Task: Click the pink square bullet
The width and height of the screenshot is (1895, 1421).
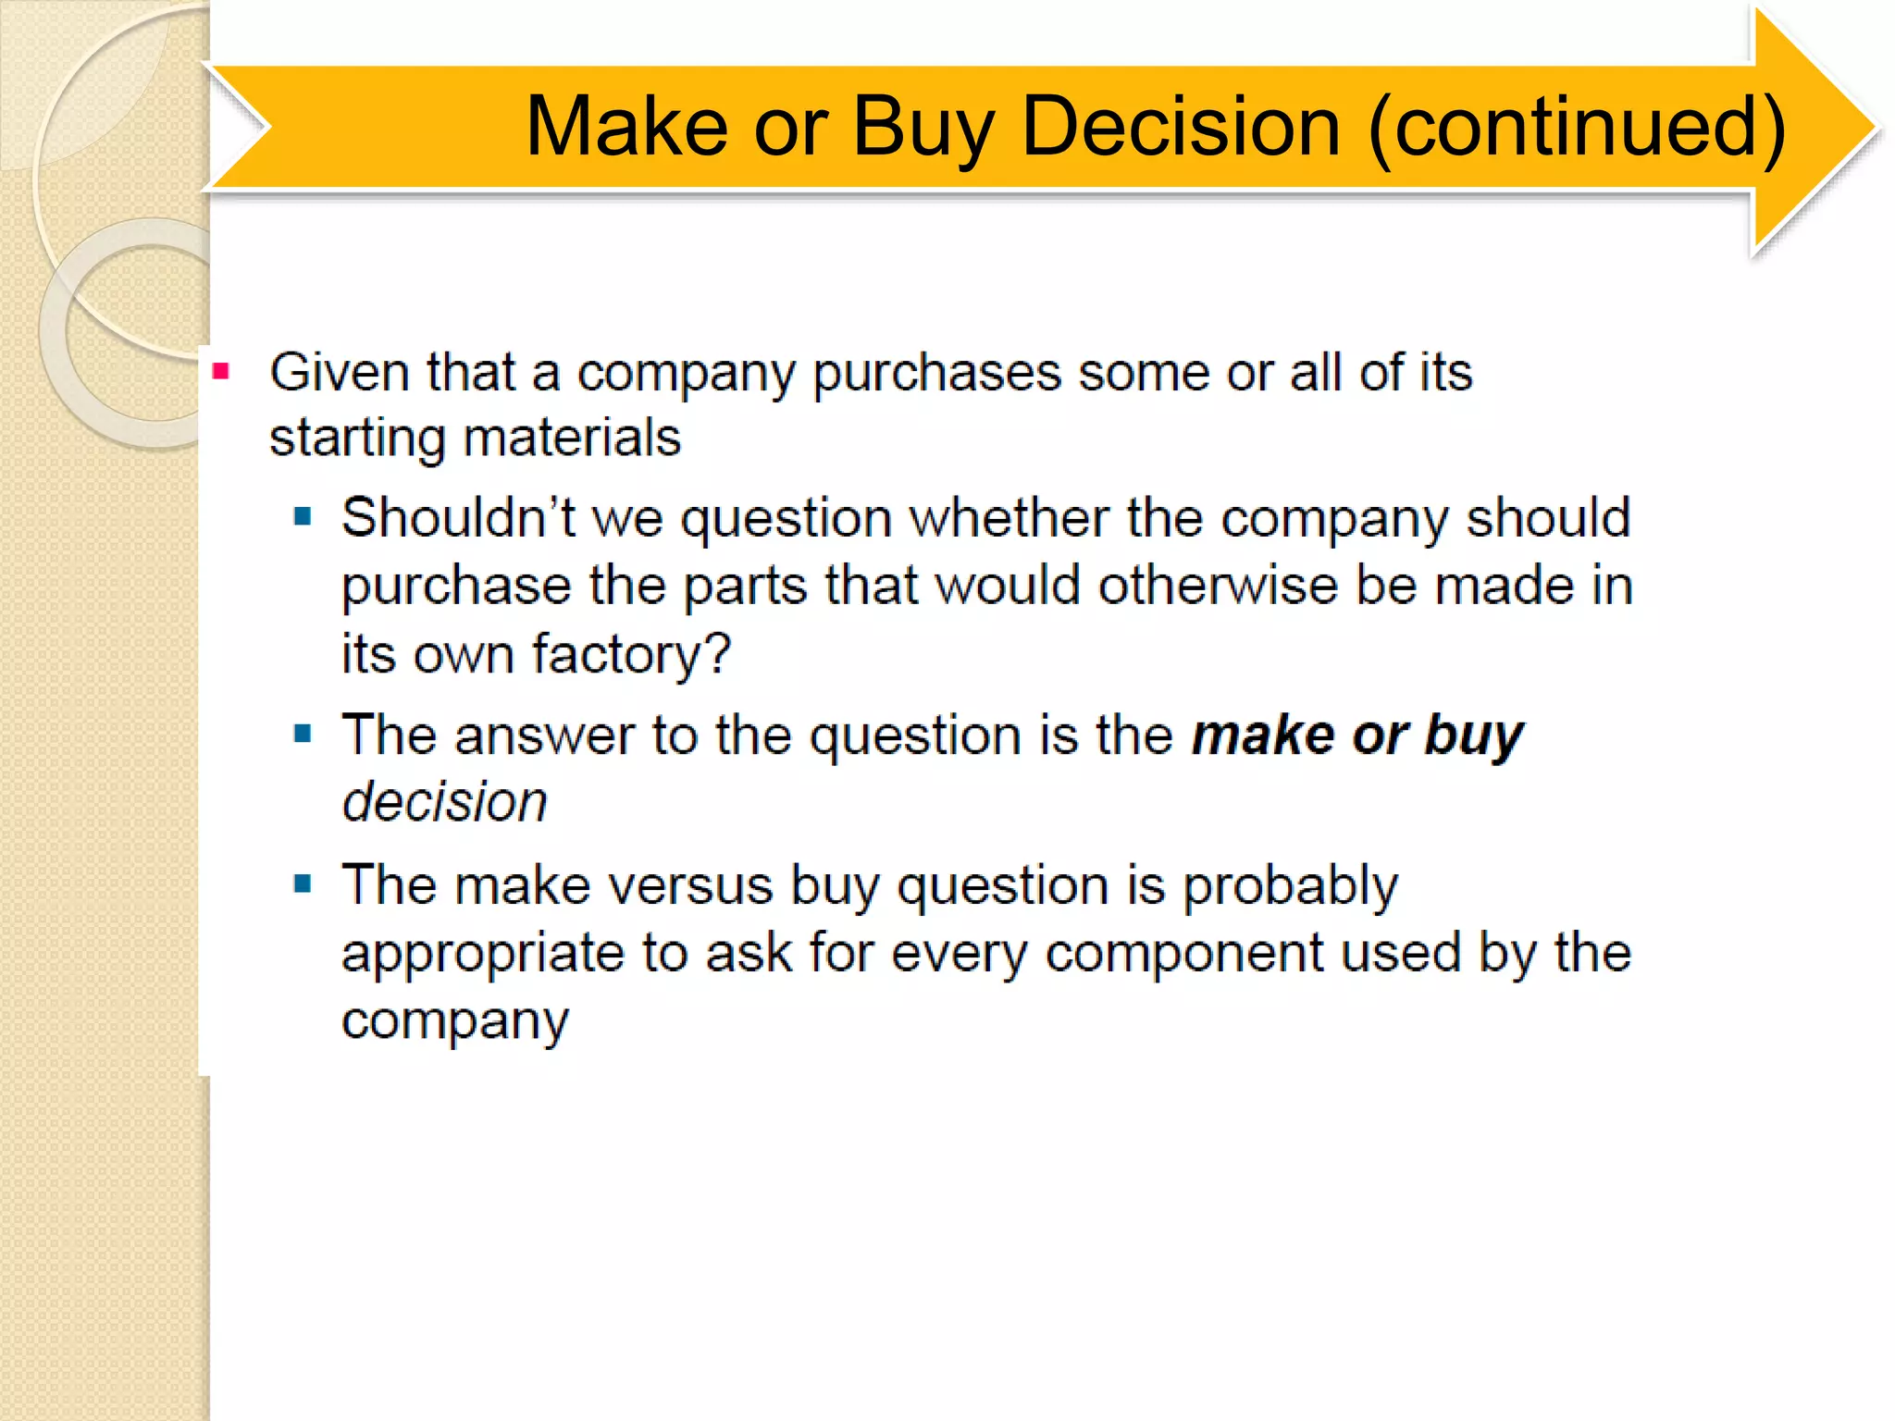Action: [x=220, y=372]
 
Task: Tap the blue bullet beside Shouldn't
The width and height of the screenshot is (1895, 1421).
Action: [x=303, y=516]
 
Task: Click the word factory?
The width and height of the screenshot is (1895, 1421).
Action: [x=631, y=655]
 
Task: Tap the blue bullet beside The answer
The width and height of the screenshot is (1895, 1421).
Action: [x=303, y=735]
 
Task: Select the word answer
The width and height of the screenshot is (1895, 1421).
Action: [x=544, y=736]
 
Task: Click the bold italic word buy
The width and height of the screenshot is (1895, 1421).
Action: [x=1474, y=736]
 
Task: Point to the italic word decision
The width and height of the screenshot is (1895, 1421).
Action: [x=445, y=801]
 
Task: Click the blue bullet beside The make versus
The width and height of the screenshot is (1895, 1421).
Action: [x=303, y=884]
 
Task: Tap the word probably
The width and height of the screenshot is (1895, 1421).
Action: [x=1291, y=886]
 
